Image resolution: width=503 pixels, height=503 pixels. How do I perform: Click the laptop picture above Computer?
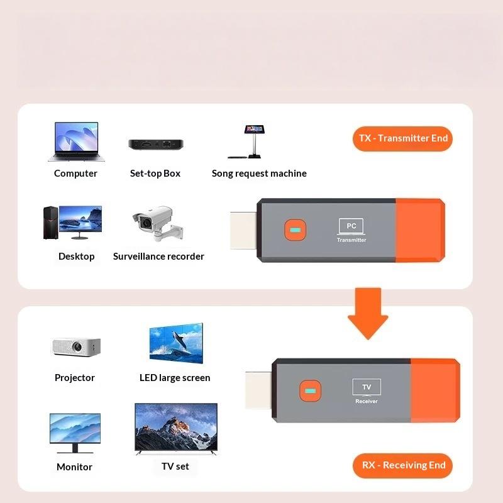(x=76, y=141)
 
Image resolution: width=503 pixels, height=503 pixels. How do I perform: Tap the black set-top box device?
(x=156, y=145)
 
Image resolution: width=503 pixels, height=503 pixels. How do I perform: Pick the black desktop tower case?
(x=51, y=223)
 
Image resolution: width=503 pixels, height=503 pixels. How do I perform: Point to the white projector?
(x=76, y=346)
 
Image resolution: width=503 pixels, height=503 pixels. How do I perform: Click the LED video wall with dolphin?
(x=176, y=343)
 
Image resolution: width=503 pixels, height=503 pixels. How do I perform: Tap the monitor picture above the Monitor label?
(x=75, y=433)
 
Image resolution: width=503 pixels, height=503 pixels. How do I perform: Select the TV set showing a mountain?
(x=176, y=429)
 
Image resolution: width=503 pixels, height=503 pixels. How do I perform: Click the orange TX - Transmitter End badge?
(x=402, y=138)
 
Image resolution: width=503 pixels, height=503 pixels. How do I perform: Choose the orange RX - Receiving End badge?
(x=402, y=465)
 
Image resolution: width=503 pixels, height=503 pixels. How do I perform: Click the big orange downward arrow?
(x=368, y=313)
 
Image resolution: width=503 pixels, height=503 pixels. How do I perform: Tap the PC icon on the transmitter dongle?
(x=351, y=226)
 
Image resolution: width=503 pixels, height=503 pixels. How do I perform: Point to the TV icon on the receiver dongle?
(x=367, y=387)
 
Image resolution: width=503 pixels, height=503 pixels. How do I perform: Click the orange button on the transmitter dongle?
(x=295, y=229)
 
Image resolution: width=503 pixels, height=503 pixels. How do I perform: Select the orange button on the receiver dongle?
(x=310, y=390)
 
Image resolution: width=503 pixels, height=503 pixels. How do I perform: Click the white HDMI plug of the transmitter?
(x=243, y=230)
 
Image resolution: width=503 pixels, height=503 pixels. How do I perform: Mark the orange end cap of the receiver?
(x=435, y=390)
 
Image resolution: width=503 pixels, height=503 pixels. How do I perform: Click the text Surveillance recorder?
(x=158, y=257)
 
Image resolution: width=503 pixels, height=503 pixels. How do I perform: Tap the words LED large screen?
(x=175, y=378)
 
